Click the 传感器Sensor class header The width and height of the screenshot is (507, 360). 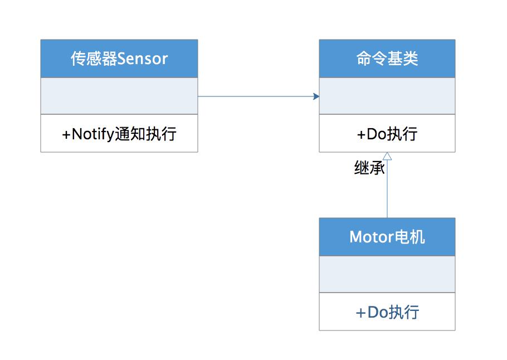tap(119, 59)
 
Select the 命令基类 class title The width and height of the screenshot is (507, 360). tap(387, 59)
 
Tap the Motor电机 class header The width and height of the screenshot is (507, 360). tap(387, 237)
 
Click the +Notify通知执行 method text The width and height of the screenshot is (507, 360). tap(119, 134)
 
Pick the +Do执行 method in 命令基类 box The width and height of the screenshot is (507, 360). tap(387, 134)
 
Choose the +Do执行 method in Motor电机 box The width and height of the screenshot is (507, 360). tap(387, 312)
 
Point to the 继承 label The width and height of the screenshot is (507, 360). tap(369, 168)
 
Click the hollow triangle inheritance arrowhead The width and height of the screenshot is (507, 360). tap(387, 157)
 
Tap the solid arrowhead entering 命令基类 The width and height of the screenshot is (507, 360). tap(316, 96)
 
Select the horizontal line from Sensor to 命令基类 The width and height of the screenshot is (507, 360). tap(256, 96)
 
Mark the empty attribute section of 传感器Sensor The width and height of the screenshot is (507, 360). tap(119, 96)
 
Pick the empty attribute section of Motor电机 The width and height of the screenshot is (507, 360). tap(387, 274)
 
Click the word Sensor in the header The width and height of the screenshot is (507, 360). tap(143, 59)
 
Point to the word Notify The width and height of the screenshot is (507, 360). tap(92, 134)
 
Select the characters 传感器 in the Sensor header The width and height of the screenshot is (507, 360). tap(94, 59)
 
